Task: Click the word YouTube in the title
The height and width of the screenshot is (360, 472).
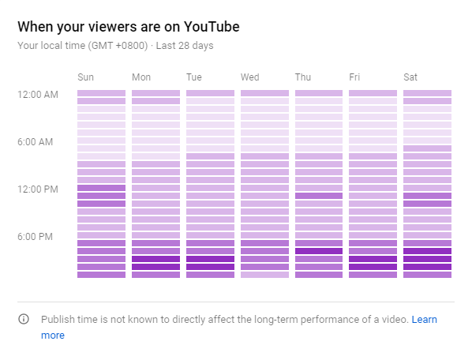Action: point(212,27)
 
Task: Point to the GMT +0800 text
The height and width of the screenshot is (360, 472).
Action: point(118,46)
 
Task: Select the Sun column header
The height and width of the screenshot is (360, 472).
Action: point(86,77)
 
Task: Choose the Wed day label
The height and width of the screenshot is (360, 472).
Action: point(250,77)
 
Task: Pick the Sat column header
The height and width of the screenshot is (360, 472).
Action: point(410,77)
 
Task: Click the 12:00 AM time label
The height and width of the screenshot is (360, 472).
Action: point(38,95)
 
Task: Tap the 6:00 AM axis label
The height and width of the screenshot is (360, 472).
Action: point(36,142)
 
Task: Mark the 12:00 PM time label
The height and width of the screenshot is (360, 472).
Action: point(38,189)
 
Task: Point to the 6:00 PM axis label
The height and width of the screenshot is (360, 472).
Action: point(36,237)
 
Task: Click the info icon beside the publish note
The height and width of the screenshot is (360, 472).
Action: point(24,319)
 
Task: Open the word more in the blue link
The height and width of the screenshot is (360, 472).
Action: point(53,336)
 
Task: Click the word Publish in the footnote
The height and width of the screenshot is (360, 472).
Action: point(57,320)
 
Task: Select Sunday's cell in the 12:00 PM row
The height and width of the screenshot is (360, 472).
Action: point(102,188)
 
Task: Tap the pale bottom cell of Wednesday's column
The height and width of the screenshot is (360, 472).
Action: point(264,275)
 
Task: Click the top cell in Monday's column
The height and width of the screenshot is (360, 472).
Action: point(156,93)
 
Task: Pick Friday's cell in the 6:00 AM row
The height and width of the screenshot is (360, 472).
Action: point(373,141)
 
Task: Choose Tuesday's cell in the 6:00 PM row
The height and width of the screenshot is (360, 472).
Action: point(211,235)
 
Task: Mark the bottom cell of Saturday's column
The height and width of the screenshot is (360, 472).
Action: point(428,275)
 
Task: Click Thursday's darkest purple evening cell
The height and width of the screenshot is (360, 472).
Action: point(319,251)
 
